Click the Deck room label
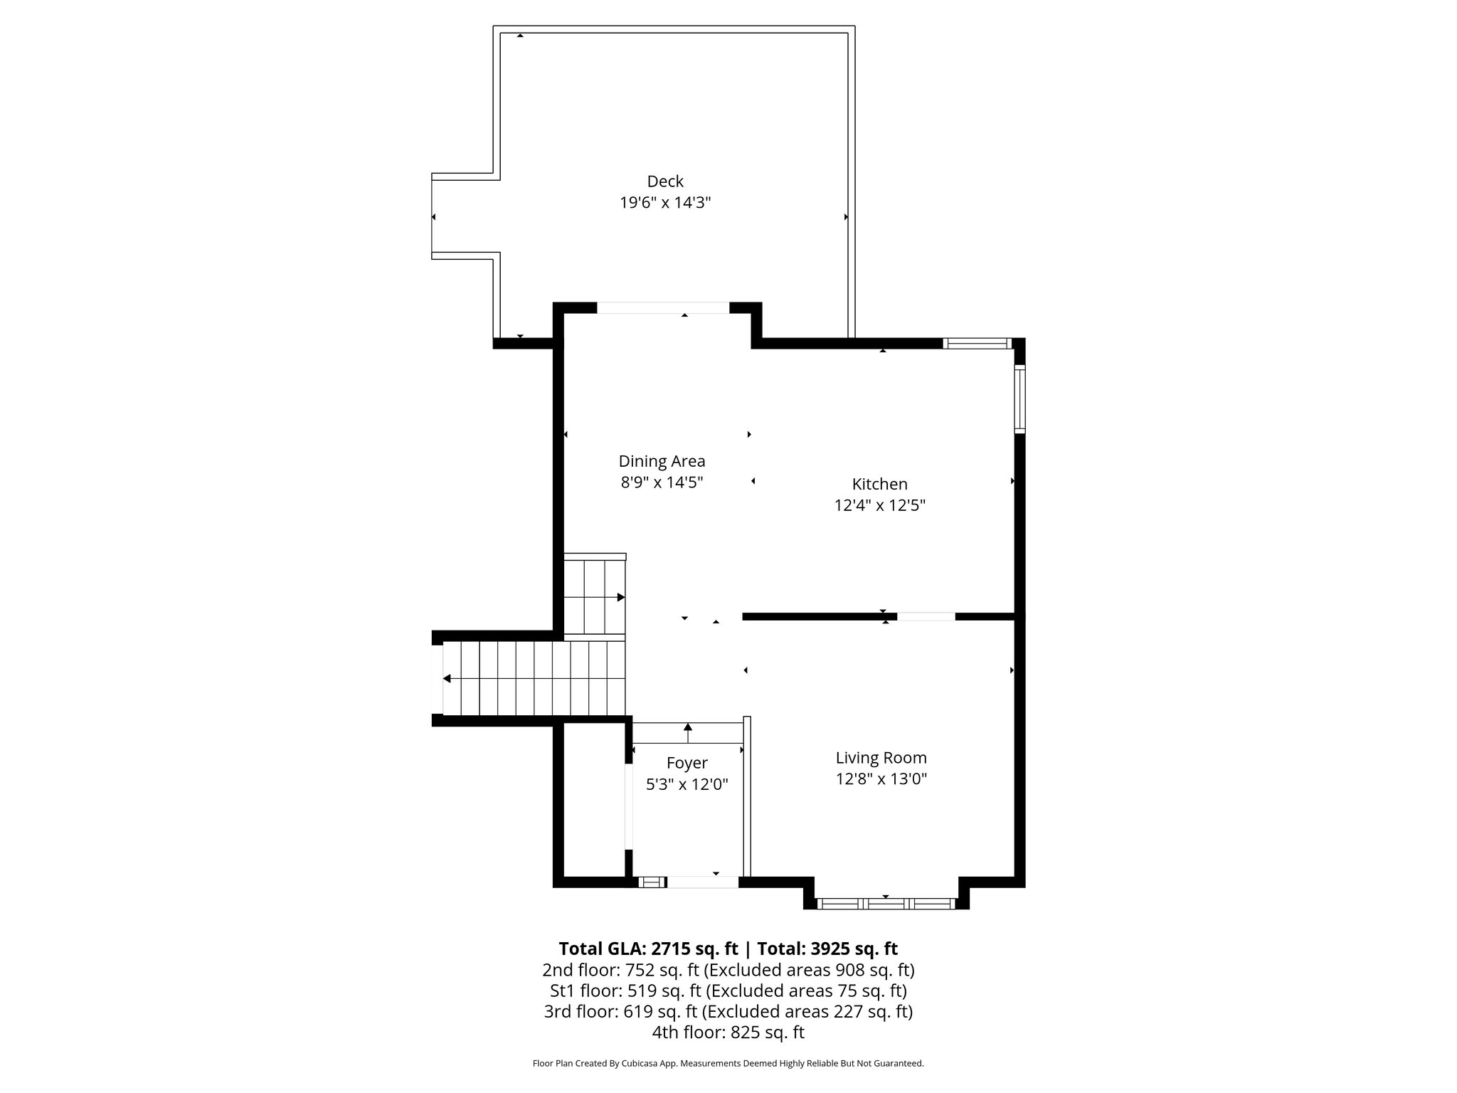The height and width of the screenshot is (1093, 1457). click(664, 181)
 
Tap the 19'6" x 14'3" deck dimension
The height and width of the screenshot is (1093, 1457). click(664, 203)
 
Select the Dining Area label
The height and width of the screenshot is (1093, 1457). click(662, 461)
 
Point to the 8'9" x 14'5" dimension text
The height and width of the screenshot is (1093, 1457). click(662, 482)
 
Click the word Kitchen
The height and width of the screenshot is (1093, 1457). click(879, 485)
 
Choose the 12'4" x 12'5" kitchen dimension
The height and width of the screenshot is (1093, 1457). click(879, 506)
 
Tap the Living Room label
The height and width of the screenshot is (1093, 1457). click(881, 758)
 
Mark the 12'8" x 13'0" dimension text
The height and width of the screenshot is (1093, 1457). click(881, 779)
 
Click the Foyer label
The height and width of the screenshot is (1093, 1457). click(687, 764)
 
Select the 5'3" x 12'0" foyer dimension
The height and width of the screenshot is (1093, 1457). click(687, 785)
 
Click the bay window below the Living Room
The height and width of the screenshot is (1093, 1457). click(886, 904)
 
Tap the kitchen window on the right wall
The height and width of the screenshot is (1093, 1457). click(1019, 398)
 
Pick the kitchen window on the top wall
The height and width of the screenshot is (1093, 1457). click(977, 344)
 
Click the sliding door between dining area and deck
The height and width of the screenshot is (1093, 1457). click(662, 308)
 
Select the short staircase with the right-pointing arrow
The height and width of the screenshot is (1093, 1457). click(594, 596)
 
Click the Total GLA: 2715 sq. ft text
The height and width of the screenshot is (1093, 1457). click(648, 949)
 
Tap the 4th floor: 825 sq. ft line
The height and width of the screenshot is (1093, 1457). click(728, 1033)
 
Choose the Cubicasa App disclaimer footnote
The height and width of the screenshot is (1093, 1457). click(728, 1064)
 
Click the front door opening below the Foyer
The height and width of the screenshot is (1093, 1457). click(702, 882)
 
